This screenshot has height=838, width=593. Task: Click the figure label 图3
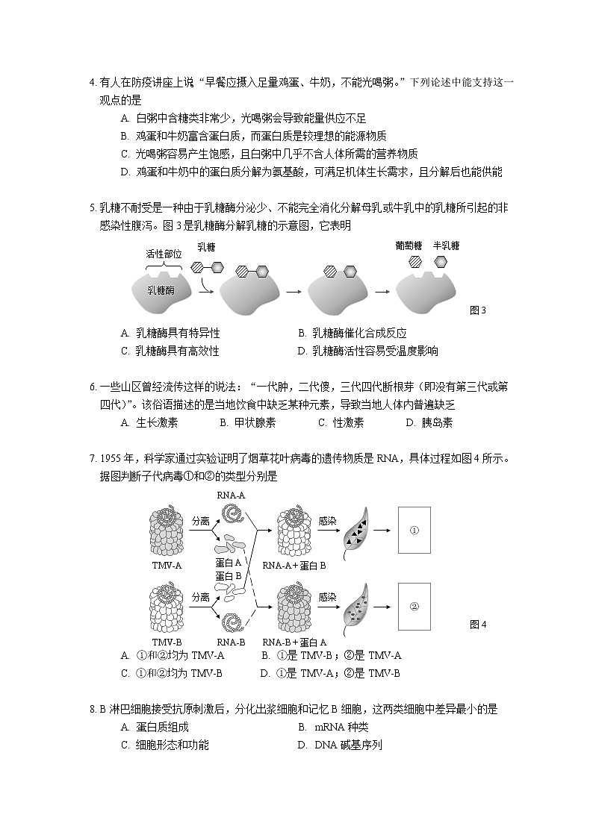(477, 310)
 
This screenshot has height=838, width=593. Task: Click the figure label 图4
(478, 625)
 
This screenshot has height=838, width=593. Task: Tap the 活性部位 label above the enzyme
(164, 253)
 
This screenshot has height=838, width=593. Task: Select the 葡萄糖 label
(409, 246)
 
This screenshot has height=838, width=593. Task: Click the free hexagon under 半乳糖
(441, 261)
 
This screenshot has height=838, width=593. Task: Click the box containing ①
(414, 530)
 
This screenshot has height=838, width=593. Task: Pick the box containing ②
(414, 605)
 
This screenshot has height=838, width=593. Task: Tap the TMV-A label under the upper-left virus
(167, 565)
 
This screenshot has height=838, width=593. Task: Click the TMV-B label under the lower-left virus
(167, 642)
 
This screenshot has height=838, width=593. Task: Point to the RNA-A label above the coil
(231, 495)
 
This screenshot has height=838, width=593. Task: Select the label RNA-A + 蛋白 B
(294, 565)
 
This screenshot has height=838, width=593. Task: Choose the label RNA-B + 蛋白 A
(294, 642)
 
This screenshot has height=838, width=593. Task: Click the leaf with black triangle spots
(354, 531)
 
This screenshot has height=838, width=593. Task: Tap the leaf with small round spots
(354, 607)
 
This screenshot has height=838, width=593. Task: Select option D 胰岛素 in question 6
(429, 422)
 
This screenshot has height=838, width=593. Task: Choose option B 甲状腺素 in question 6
(248, 422)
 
